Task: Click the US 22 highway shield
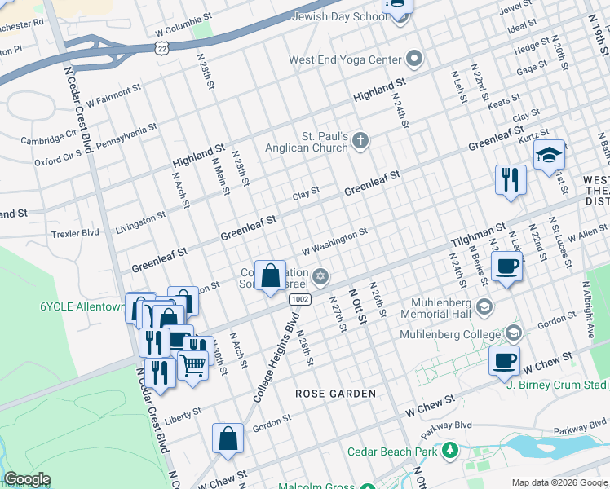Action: pyautogui.click(x=163, y=49)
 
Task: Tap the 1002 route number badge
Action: pyautogui.click(x=299, y=300)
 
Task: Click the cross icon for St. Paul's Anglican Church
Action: pyautogui.click(x=360, y=143)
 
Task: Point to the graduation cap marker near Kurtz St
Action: pyautogui.click(x=550, y=154)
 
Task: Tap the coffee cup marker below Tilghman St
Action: pyautogui.click(x=507, y=267)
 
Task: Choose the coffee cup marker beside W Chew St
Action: pyautogui.click(x=504, y=359)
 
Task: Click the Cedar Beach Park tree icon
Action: pyautogui.click(x=449, y=451)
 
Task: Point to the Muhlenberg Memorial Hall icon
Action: pyautogui.click(x=484, y=306)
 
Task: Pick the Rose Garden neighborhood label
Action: pyautogui.click(x=335, y=394)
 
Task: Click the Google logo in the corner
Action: pyautogui.click(x=26, y=479)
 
